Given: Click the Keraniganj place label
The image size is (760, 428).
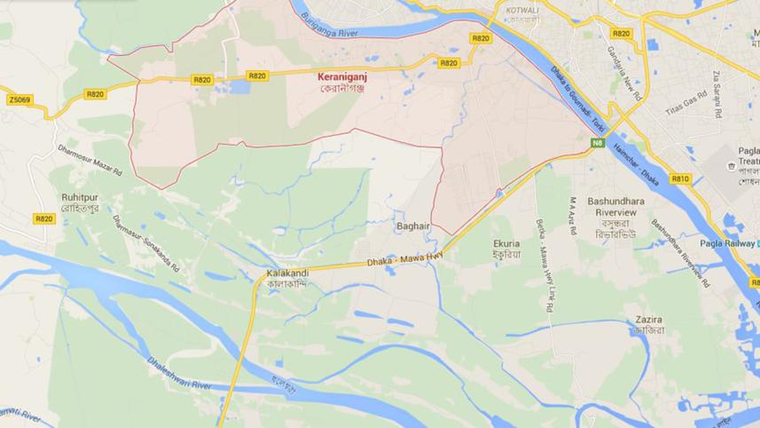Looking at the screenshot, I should [x=342, y=77].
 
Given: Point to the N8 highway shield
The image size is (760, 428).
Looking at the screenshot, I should [x=598, y=143].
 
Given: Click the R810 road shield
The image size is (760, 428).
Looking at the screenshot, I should [x=680, y=178].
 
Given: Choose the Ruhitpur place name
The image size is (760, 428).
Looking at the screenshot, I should [x=79, y=197].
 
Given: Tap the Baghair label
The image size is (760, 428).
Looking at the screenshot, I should [x=413, y=226].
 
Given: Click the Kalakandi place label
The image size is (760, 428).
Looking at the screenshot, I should [x=287, y=273].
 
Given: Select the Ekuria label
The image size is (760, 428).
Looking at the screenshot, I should [x=507, y=243].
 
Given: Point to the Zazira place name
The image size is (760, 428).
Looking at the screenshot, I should [x=649, y=320].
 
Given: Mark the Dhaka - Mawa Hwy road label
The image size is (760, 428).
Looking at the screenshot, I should [x=404, y=260].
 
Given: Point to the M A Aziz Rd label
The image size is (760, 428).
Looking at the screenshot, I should [x=574, y=216].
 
